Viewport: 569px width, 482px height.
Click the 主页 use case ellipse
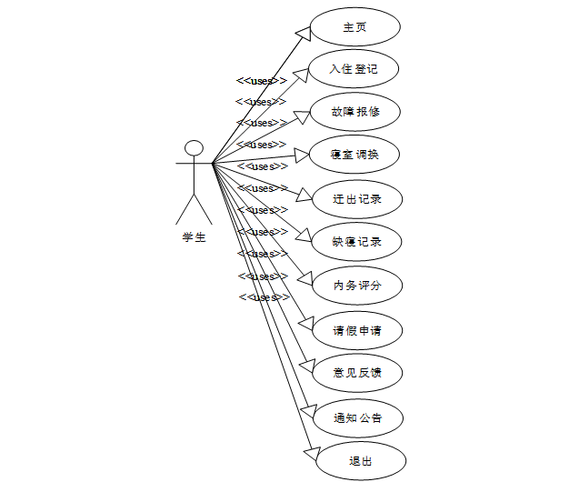(x=355, y=27)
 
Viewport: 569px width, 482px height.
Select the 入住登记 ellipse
(x=355, y=68)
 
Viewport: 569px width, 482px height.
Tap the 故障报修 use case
(x=355, y=112)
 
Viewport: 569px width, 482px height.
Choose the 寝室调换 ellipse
(x=355, y=155)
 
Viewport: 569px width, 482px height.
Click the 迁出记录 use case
(x=355, y=198)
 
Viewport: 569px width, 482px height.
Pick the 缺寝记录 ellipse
(x=355, y=242)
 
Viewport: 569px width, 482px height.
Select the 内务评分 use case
(x=355, y=286)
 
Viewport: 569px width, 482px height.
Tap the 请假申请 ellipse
(x=355, y=329)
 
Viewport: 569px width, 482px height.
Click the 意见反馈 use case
(x=355, y=373)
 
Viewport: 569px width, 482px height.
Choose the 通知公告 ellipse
(x=355, y=418)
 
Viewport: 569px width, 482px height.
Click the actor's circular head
(x=194, y=148)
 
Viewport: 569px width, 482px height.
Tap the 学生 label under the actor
(x=194, y=238)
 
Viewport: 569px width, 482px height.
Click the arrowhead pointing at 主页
(x=304, y=33)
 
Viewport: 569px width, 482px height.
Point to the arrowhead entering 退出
(x=312, y=452)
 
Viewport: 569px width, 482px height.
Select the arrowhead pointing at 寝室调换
(x=303, y=156)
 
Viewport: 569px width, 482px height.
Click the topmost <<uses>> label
(x=262, y=80)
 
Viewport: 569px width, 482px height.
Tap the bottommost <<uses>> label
(x=264, y=297)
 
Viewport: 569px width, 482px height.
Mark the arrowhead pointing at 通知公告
(x=308, y=411)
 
